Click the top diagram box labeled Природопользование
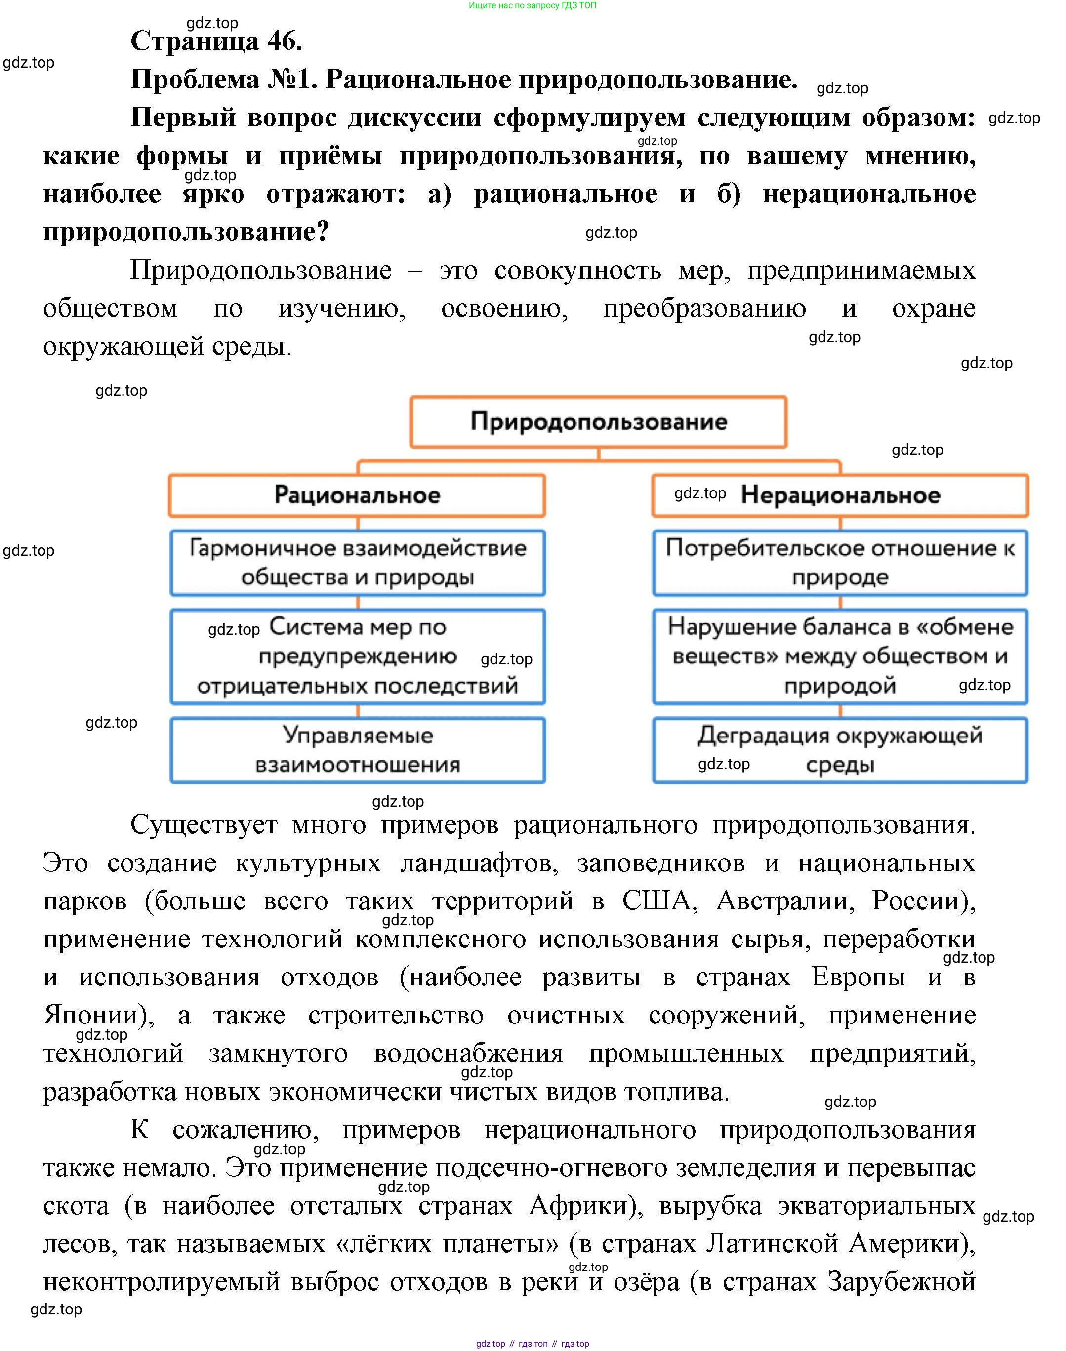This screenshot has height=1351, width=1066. tap(598, 422)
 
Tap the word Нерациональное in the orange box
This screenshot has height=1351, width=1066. tap(840, 495)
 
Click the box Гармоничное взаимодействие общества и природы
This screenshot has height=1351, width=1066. tap(357, 562)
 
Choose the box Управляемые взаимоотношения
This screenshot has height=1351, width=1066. tap(357, 749)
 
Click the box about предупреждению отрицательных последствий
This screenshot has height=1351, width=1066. tap(357, 656)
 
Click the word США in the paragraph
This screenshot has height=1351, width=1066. tap(659, 901)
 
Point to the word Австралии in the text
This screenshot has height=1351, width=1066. tap(785, 901)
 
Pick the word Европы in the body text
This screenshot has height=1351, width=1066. tap(858, 977)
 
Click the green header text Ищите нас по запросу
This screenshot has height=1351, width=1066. tap(532, 5)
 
